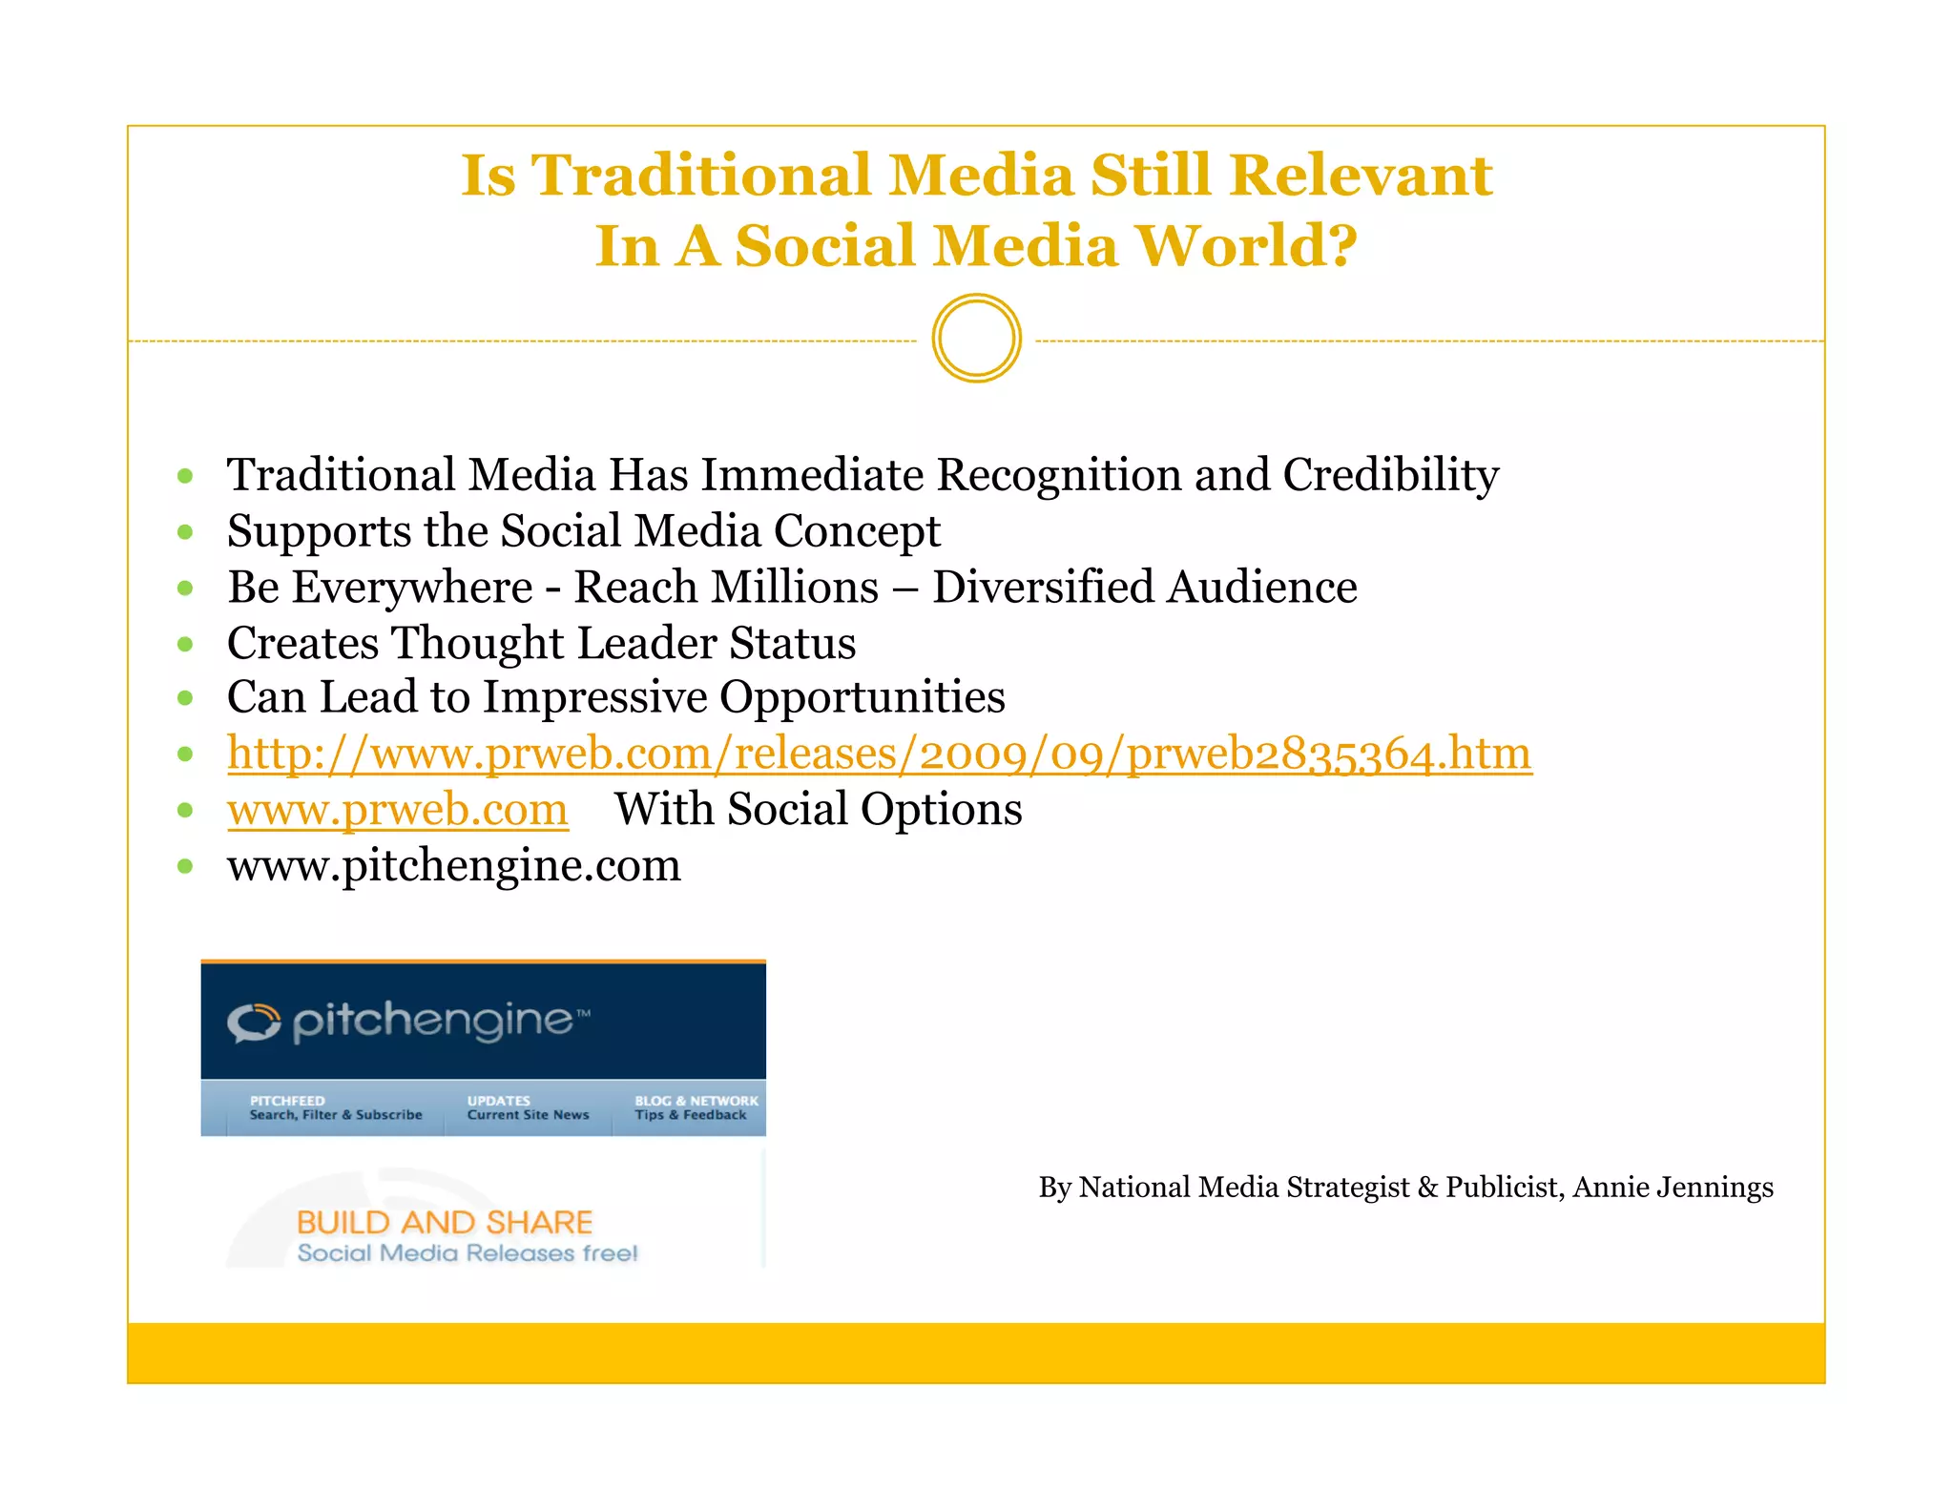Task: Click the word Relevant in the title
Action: click(1360, 176)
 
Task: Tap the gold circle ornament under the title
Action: click(976, 339)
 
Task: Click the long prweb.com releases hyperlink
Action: click(879, 754)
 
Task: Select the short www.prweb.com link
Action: click(397, 810)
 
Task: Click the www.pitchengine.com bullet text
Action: click(453, 866)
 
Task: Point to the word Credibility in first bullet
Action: click(1390, 475)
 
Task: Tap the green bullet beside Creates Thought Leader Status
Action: click(185, 644)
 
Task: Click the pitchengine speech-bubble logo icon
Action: click(254, 1023)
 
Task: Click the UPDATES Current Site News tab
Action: click(528, 1107)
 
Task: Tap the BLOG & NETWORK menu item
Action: click(695, 1107)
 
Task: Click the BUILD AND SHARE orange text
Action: click(445, 1222)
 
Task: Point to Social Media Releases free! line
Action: click(467, 1253)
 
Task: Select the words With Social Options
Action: click(818, 810)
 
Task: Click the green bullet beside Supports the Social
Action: click(185, 531)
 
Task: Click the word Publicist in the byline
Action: click(1502, 1188)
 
